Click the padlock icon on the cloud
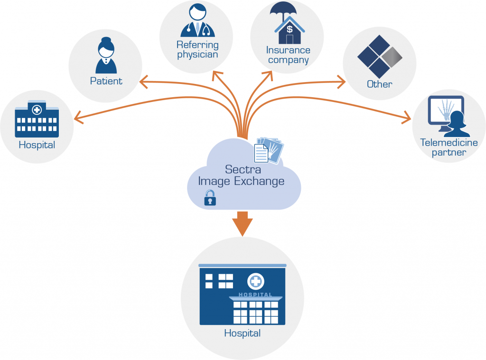[x=210, y=198]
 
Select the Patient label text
[x=106, y=81]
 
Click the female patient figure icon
[x=106, y=56]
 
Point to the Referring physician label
[x=197, y=49]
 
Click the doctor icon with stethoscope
[x=197, y=21]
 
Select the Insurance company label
[x=288, y=55]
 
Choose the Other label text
[x=379, y=84]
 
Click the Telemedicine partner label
[x=443, y=147]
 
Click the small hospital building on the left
[x=37, y=119]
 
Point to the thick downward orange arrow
[x=243, y=223]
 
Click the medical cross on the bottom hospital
[x=255, y=281]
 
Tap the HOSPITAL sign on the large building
[x=255, y=295]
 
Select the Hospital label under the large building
[x=242, y=333]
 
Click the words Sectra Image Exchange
[x=241, y=175]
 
